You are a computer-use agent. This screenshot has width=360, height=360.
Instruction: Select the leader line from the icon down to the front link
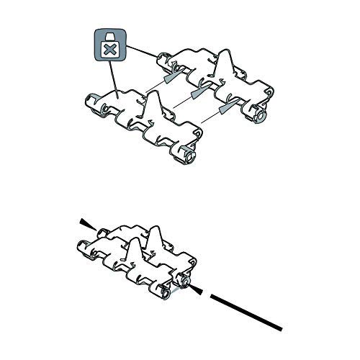(114, 79)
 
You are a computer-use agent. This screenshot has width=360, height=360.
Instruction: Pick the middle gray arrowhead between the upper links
(197, 94)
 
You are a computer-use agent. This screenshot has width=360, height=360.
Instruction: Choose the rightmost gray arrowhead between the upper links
(226, 107)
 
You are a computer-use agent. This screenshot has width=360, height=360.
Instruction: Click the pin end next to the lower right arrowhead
(186, 285)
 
